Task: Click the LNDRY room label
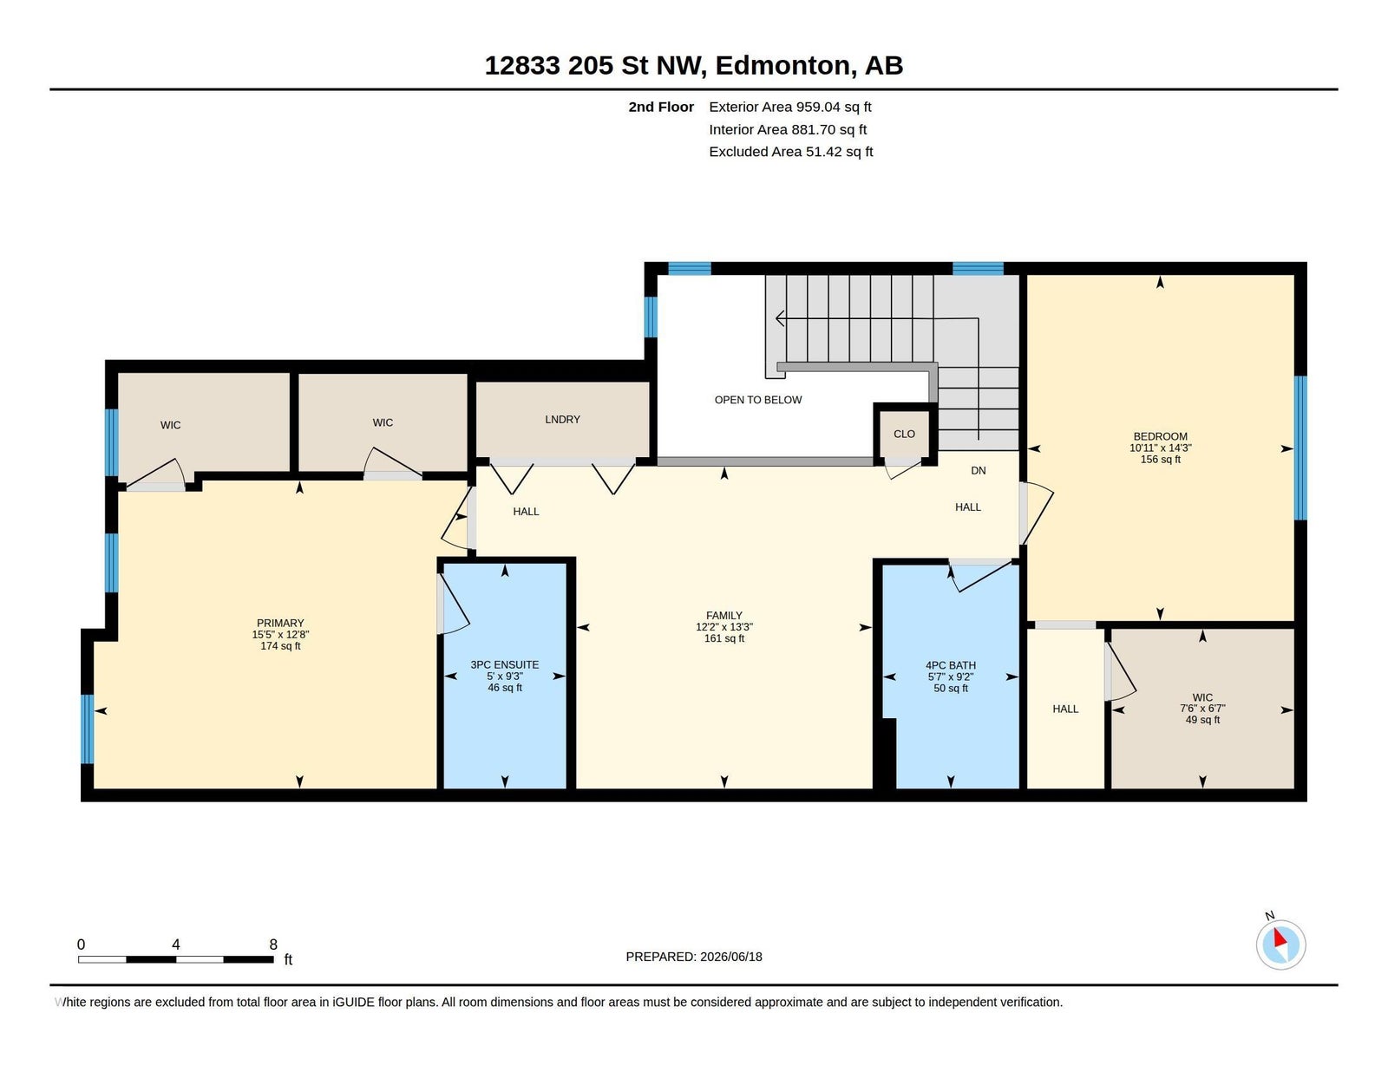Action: tap(562, 420)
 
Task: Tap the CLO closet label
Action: tap(904, 435)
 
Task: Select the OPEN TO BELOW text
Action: tap(757, 400)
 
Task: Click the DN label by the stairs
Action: tap(978, 471)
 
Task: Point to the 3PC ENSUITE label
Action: tap(505, 664)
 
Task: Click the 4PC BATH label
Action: tap(951, 665)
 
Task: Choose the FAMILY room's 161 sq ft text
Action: tap(723, 638)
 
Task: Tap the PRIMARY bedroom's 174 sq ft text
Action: tap(280, 646)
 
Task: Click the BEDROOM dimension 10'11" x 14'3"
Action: tap(1160, 448)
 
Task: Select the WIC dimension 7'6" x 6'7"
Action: tap(1202, 709)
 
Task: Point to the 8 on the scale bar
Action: tap(272, 945)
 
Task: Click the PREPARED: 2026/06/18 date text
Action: tap(694, 957)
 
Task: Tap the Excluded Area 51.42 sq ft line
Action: tap(791, 152)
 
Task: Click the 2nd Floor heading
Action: tap(660, 108)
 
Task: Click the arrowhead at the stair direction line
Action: tap(779, 318)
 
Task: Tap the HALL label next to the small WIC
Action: tap(1064, 709)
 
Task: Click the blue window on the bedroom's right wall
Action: tap(1300, 448)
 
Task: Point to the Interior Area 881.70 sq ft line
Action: tap(788, 129)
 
